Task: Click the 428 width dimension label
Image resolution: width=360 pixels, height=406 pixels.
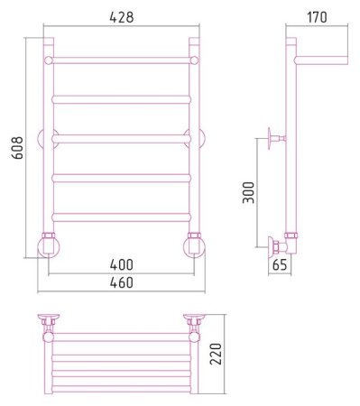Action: coord(122,17)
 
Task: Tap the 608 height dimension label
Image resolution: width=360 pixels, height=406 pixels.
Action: coord(17,148)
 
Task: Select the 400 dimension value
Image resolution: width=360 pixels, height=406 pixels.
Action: coord(121,264)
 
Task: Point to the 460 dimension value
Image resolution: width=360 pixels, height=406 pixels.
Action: coord(121,282)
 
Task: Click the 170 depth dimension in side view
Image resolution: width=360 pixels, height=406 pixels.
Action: coord(317,17)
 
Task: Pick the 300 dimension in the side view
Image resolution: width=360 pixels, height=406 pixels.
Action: coord(248,192)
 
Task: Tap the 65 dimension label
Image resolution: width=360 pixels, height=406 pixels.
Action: coord(280,265)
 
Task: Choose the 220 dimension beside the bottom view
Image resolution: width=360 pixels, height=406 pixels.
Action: coord(216,354)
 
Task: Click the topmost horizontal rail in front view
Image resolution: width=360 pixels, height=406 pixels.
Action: coord(121,60)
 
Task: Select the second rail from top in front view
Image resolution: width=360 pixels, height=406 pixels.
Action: coord(121,99)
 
